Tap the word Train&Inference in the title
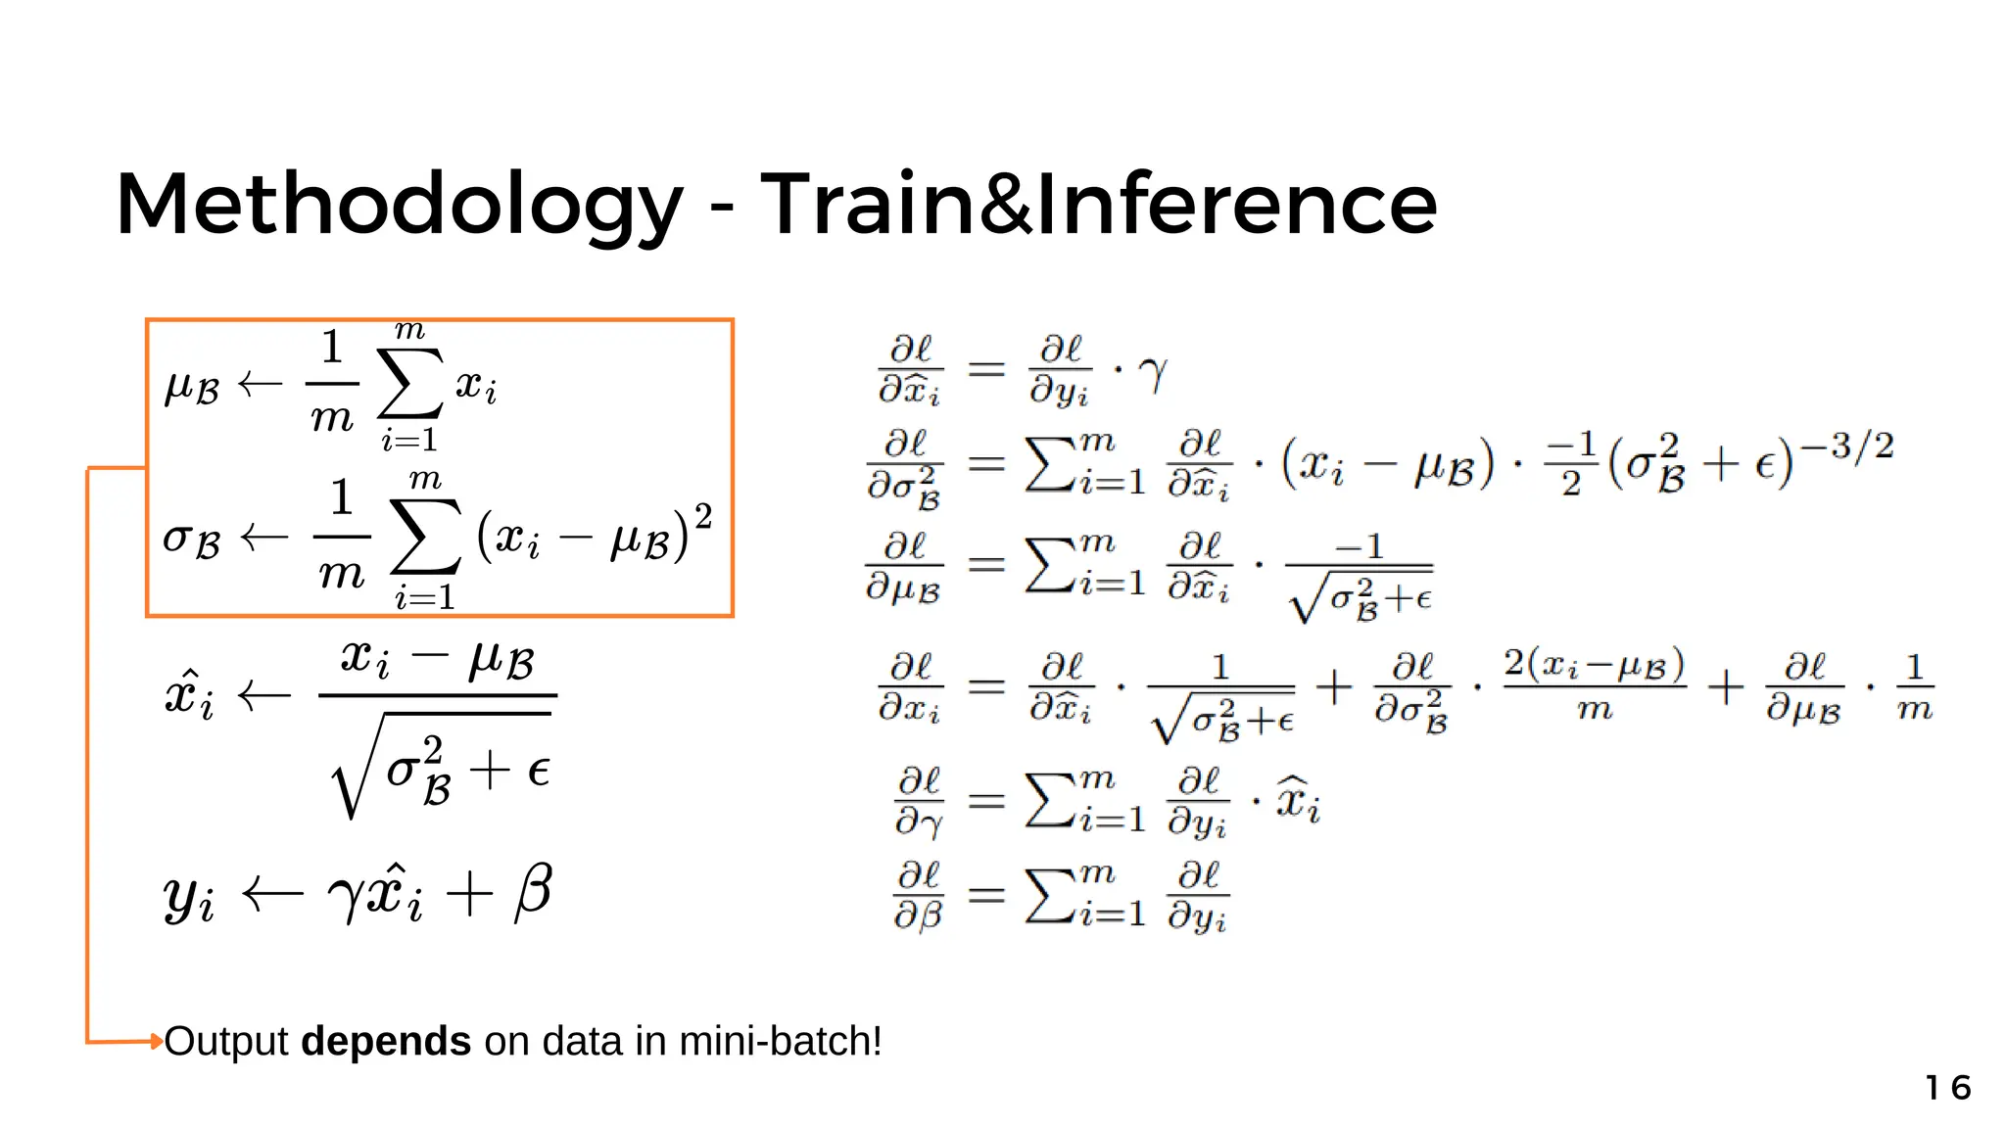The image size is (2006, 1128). (x=1098, y=204)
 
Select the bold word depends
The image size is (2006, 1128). (x=386, y=1041)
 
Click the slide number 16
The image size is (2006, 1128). (x=1947, y=1087)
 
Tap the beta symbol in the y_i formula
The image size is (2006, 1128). (x=533, y=891)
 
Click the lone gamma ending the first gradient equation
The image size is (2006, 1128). (x=1154, y=373)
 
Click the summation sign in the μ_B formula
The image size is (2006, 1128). (x=409, y=384)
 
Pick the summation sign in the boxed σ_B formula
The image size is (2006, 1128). (x=425, y=537)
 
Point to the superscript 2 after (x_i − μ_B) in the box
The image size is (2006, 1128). (x=702, y=515)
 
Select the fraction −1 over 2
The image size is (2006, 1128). (x=1571, y=463)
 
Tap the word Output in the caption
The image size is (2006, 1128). (x=226, y=1041)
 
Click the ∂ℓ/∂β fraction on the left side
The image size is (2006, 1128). (x=919, y=894)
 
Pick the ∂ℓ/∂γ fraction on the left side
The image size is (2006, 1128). (x=919, y=801)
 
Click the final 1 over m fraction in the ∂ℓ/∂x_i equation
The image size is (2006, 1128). (x=1914, y=687)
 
